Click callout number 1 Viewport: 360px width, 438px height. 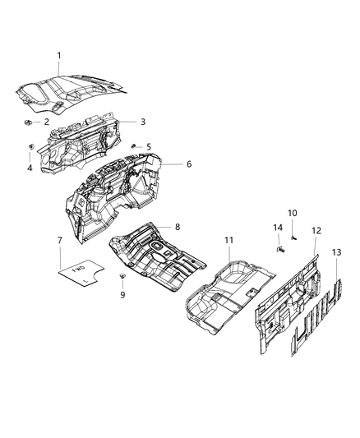click(58, 55)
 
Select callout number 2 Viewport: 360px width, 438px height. click(46, 122)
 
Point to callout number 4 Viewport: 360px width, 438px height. click(30, 168)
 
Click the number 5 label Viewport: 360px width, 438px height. click(148, 146)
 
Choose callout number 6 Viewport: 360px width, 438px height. click(188, 164)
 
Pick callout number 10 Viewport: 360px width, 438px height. click(292, 213)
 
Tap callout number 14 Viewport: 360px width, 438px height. click(277, 227)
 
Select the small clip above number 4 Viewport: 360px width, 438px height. click(30, 148)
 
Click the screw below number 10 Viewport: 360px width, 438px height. click(292, 237)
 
